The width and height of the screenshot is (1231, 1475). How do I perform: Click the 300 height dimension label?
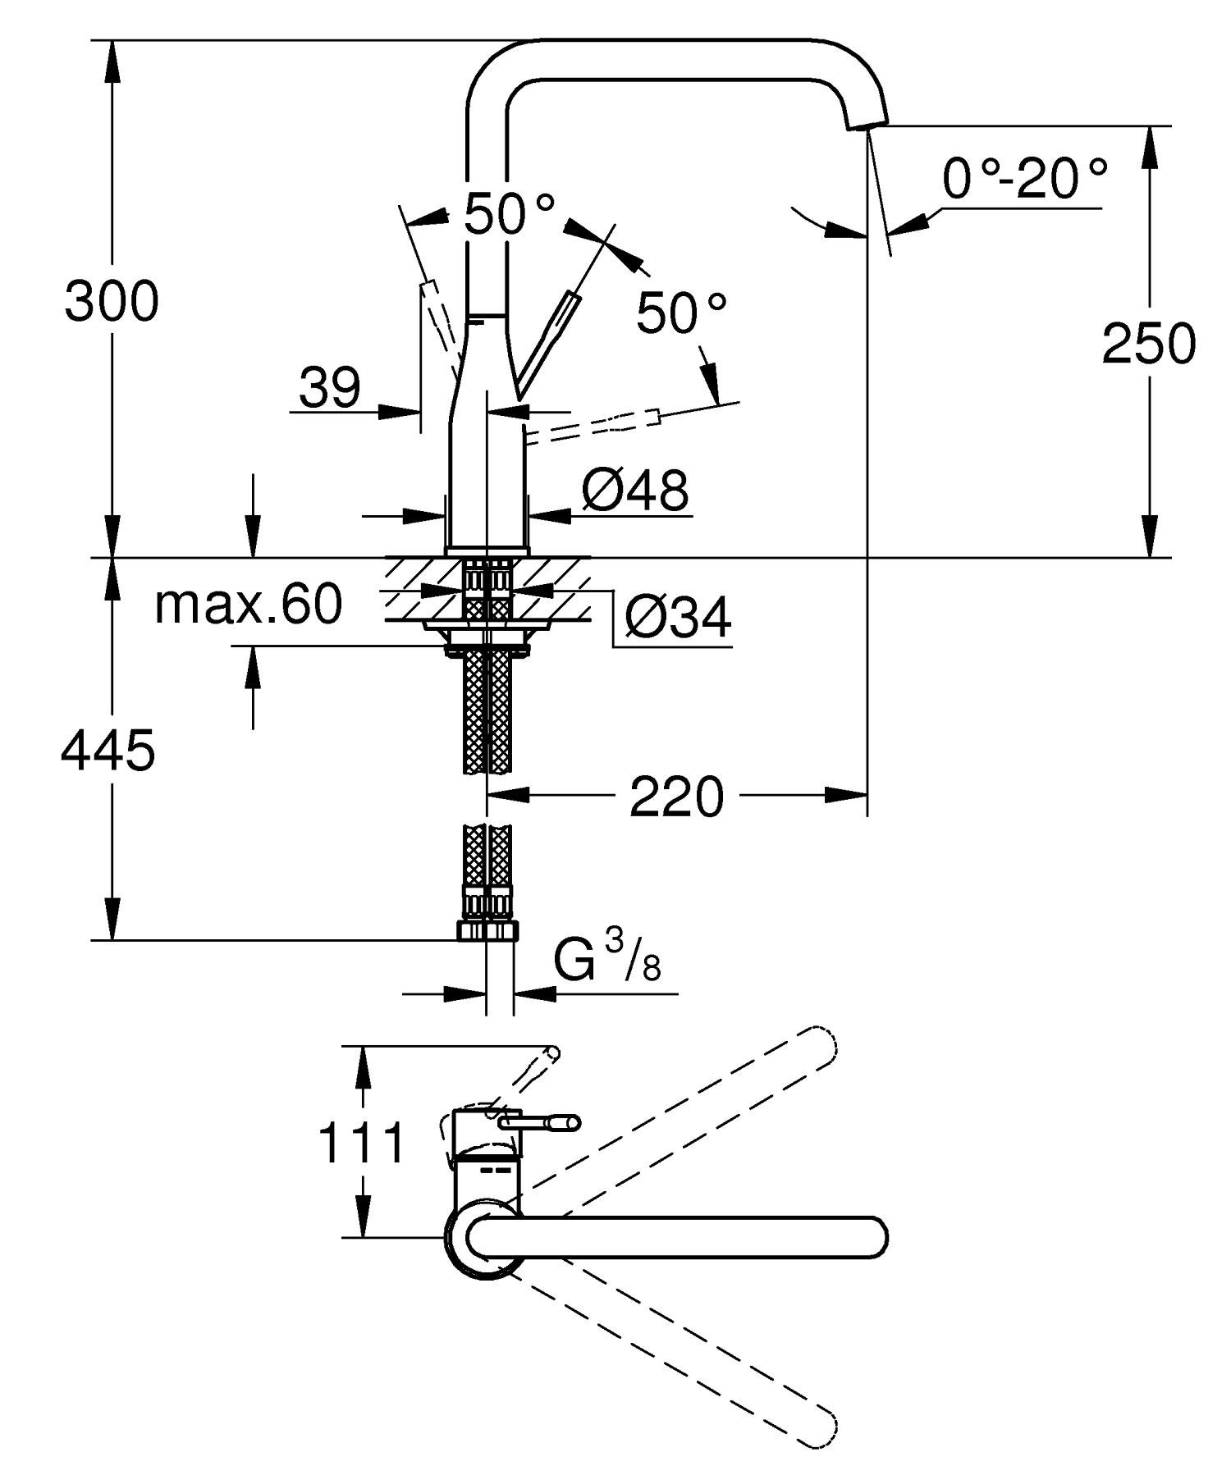112,301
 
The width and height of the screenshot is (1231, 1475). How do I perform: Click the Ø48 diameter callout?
635,491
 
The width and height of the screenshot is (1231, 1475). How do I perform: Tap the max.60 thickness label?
248,605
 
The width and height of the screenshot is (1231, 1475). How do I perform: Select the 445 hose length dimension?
108,751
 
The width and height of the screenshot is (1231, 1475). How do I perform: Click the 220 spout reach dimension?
677,797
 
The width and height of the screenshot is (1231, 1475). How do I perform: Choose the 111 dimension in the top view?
362,1144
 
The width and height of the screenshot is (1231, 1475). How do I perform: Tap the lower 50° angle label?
682,313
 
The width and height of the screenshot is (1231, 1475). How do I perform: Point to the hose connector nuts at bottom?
487,929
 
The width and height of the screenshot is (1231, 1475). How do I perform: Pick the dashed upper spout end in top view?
820,1045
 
